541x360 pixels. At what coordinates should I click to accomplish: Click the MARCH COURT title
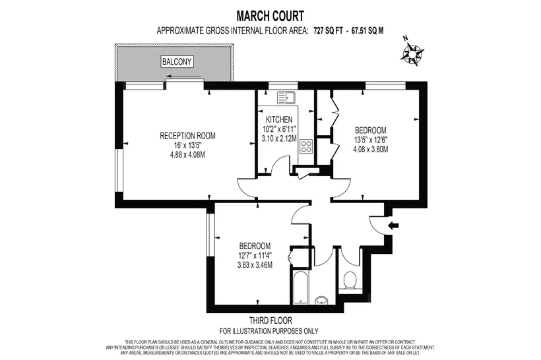pos(270,16)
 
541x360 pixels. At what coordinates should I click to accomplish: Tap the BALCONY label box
pos(177,62)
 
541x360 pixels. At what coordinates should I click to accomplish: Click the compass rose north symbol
pos(412,53)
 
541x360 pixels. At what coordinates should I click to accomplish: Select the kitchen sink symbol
pos(286,98)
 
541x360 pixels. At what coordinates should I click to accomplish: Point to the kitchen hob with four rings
pos(306,146)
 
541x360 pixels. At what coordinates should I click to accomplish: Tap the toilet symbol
pos(350,280)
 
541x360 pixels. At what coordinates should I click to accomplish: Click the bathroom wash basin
pos(321,300)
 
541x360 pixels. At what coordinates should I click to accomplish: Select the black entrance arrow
pos(393,225)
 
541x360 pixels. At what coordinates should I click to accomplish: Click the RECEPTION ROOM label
pos(187,136)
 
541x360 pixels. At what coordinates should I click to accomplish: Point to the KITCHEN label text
pos(279,119)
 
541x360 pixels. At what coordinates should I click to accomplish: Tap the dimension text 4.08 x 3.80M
pos(371,149)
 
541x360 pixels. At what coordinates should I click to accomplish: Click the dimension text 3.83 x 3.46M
pos(255,265)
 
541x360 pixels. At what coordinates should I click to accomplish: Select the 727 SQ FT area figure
pos(328,31)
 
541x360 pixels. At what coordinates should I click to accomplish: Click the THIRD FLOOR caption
pos(271,320)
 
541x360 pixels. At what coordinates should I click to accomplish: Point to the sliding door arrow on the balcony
pos(183,76)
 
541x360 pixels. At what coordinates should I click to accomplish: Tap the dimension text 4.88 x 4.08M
pos(187,154)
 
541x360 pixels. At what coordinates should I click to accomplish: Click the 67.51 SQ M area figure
pos(367,31)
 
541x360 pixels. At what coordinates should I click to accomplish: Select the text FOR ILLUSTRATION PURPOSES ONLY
pos(269,332)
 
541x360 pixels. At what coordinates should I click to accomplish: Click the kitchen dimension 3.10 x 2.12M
pos(279,138)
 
